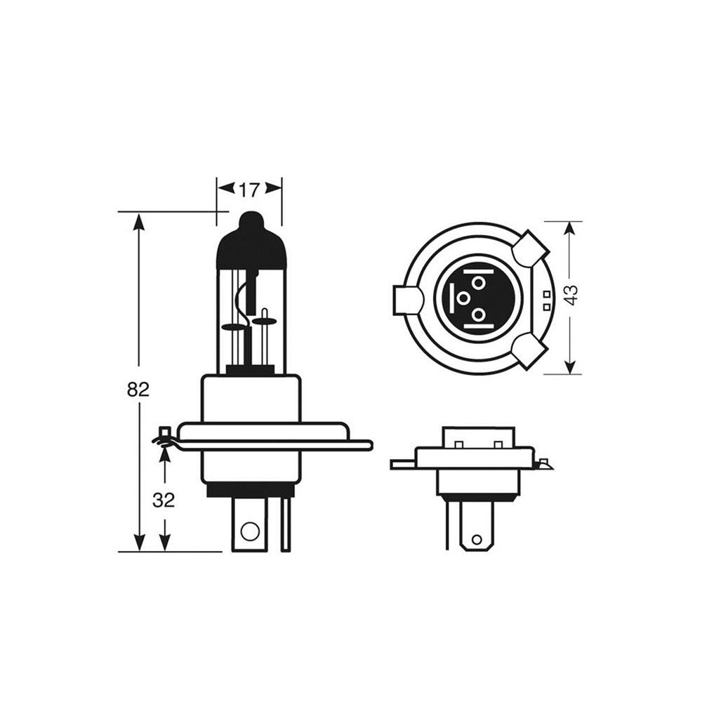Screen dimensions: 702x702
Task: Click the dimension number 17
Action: (249, 190)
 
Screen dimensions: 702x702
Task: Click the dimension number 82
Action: (138, 390)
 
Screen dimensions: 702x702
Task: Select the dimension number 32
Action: (164, 500)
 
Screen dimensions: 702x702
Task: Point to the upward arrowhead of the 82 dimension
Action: (140, 222)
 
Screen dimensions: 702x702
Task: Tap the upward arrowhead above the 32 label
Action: (165, 456)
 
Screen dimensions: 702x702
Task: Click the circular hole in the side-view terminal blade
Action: (250, 531)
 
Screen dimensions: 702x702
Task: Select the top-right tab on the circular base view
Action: (530, 249)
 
